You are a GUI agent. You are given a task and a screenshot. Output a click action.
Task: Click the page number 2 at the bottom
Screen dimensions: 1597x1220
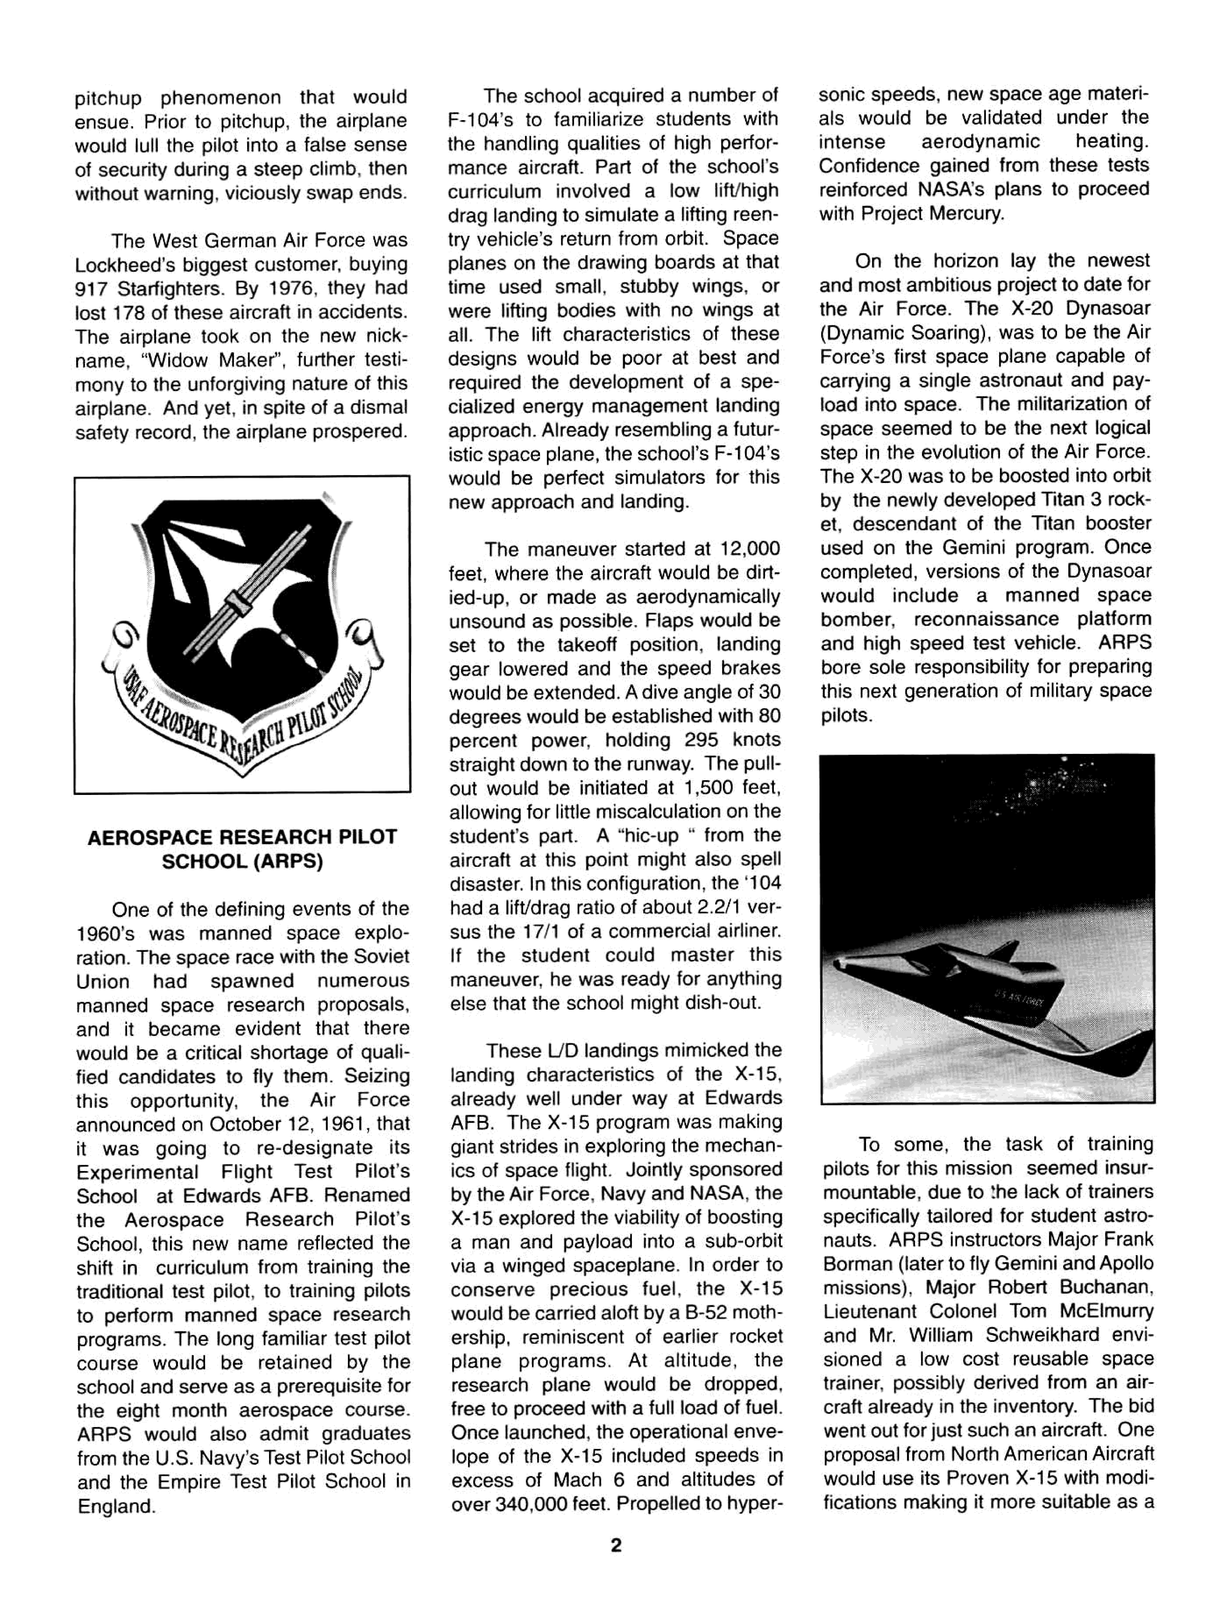616,1545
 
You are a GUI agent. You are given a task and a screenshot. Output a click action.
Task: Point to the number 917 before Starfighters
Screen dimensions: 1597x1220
92,288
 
